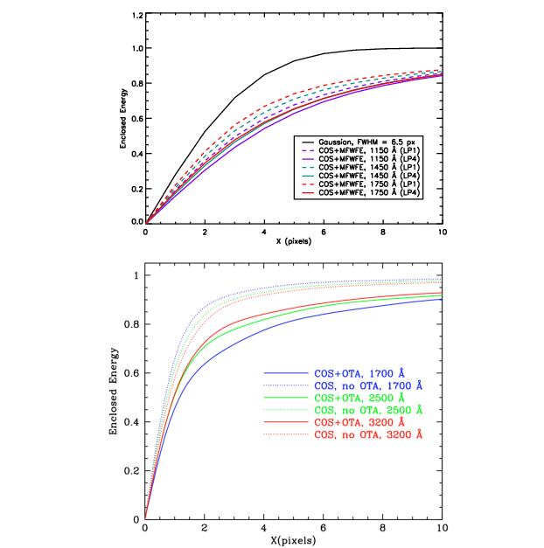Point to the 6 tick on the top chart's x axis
324,232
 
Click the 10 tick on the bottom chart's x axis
442,528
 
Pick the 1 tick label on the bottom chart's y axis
135,276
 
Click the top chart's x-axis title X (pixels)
293,242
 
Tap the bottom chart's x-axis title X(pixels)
293,541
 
